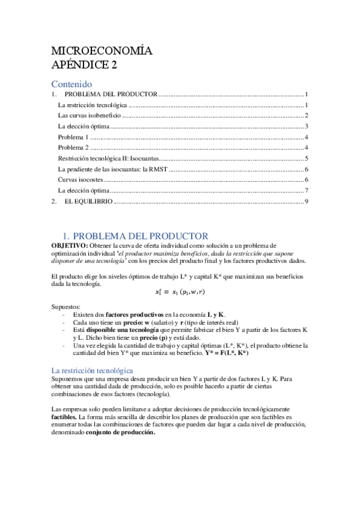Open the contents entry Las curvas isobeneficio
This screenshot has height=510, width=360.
(85, 115)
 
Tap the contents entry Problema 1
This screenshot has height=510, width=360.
(73, 137)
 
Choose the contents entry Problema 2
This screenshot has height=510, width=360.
(73, 148)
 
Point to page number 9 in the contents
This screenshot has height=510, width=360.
(306, 201)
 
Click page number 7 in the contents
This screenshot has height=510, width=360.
(306, 191)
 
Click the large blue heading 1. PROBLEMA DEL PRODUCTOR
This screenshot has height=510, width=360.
(136, 236)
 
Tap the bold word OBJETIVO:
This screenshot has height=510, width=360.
(70, 246)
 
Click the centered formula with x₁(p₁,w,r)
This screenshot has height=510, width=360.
(179, 292)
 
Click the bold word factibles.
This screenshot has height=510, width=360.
(64, 416)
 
